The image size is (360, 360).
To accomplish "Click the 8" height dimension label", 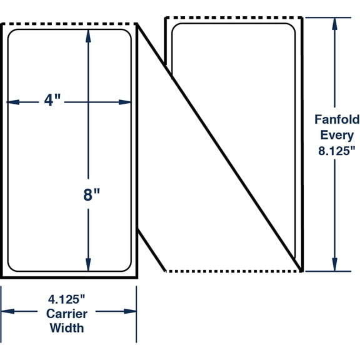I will pos(92,195).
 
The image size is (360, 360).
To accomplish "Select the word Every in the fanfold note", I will pos(337,134).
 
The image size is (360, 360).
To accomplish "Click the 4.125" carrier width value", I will pos(68,299).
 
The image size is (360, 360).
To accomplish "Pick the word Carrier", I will pos(68,313).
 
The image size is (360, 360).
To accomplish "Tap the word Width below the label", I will pos(68,327).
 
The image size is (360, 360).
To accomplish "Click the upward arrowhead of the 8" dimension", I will pos(88,37).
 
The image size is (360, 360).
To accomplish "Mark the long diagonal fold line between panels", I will pos(219,147).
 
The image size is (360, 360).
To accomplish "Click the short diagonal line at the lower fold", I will pos(151,250).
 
